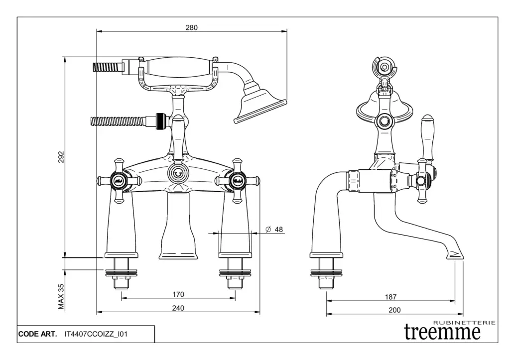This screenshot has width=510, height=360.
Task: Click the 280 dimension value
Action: [192, 28]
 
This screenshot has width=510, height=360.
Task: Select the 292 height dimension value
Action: [60, 157]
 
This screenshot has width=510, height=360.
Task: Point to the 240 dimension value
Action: [178, 308]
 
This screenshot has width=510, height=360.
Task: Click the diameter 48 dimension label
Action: [274, 230]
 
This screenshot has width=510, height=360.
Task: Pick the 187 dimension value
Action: [391, 297]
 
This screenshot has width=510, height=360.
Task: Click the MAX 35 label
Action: [61, 296]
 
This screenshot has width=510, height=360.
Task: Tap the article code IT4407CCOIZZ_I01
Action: [96, 334]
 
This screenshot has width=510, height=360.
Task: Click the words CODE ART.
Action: [37, 334]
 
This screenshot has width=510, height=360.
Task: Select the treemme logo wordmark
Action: [442, 332]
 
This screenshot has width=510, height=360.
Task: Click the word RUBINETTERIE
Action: [465, 323]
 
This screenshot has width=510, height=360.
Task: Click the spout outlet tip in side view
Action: [454, 255]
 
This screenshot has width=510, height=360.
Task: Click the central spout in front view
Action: [178, 227]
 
